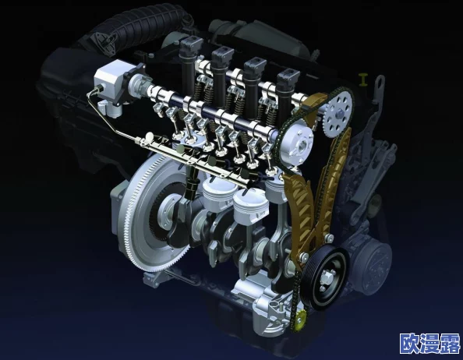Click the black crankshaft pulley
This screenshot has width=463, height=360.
pyautogui.click(x=324, y=278)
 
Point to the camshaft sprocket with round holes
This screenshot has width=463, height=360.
pyautogui.click(x=338, y=114)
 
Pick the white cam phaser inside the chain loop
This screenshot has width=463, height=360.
pyautogui.click(x=297, y=146)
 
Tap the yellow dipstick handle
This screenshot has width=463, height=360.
pyautogui.click(x=363, y=79)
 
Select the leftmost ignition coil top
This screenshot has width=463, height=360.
pyautogui.click(x=191, y=44)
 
